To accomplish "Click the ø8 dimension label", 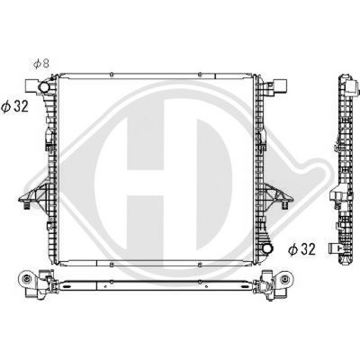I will point(40,64).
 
